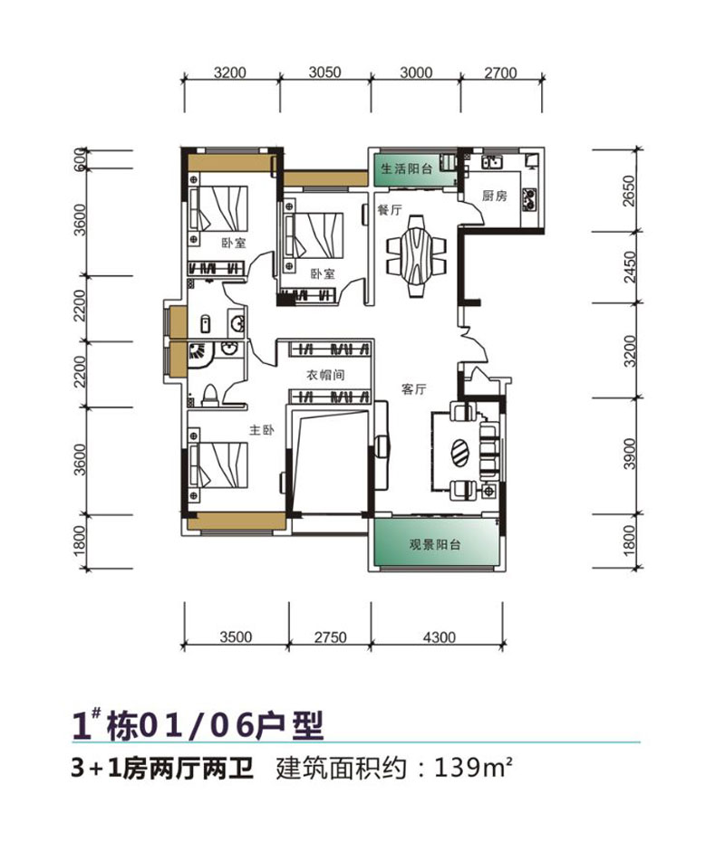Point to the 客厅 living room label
(x=414, y=389)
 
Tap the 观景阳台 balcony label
(x=435, y=545)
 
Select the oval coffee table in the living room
(x=459, y=450)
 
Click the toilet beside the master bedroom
(x=210, y=394)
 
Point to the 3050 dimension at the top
(x=324, y=73)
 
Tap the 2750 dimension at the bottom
(x=330, y=637)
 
